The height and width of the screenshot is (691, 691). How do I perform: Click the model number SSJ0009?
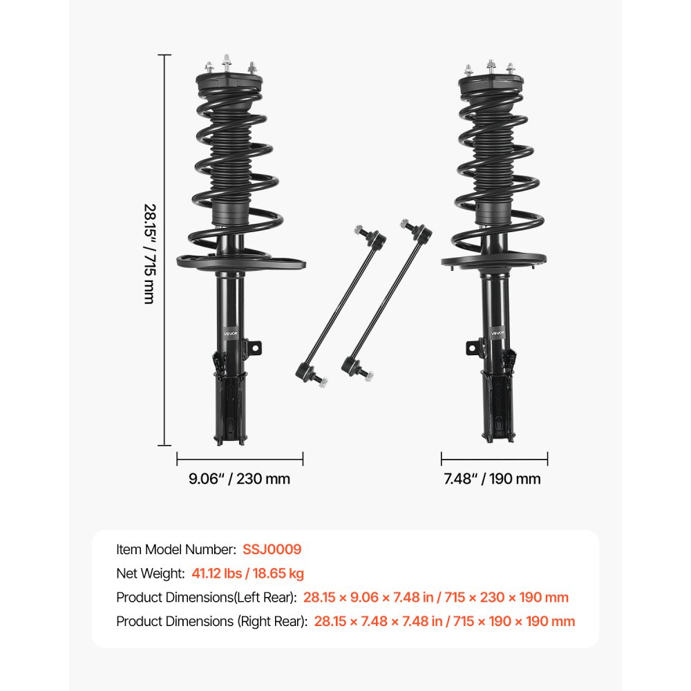click(272, 549)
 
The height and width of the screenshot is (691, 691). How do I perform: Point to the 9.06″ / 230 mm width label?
click(240, 478)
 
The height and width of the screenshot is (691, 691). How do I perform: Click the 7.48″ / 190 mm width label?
click(492, 478)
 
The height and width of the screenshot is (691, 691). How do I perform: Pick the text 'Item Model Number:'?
click(176, 549)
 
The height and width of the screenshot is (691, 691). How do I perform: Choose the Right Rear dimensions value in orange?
click(444, 621)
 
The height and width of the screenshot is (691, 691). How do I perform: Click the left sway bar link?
click(339, 304)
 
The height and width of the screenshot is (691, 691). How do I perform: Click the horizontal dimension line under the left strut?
click(240, 458)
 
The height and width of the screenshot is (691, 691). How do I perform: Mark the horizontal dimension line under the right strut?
click(494, 458)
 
